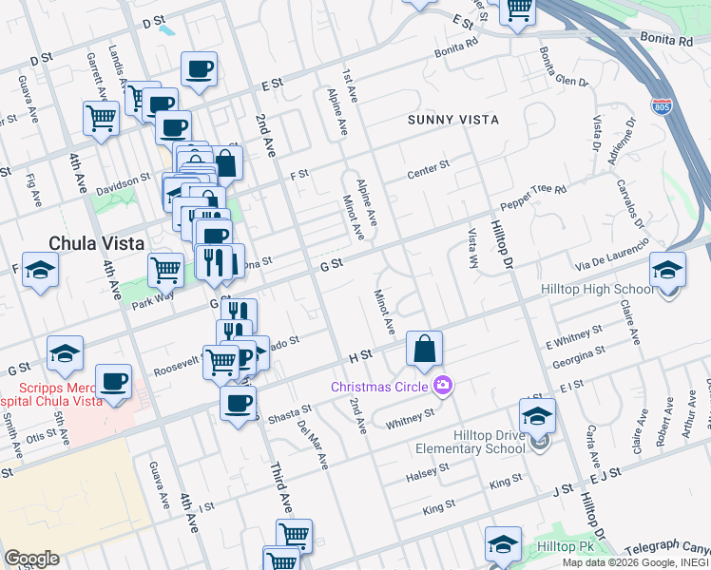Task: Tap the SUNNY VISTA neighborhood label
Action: tap(453, 120)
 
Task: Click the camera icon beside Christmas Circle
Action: tap(441, 386)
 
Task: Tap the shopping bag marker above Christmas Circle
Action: tap(424, 349)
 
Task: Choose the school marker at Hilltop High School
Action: tap(667, 270)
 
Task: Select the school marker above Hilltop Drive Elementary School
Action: tap(537, 416)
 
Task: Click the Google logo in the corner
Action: tap(30, 559)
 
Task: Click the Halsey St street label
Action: tap(427, 471)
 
